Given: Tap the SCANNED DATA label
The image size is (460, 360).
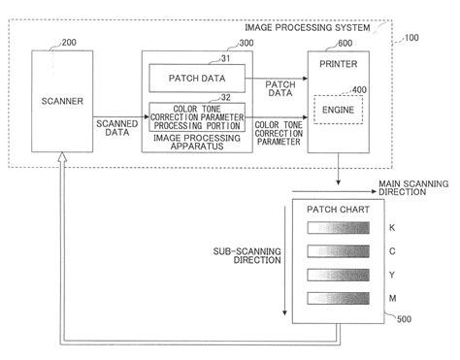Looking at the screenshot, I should click(x=117, y=128).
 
